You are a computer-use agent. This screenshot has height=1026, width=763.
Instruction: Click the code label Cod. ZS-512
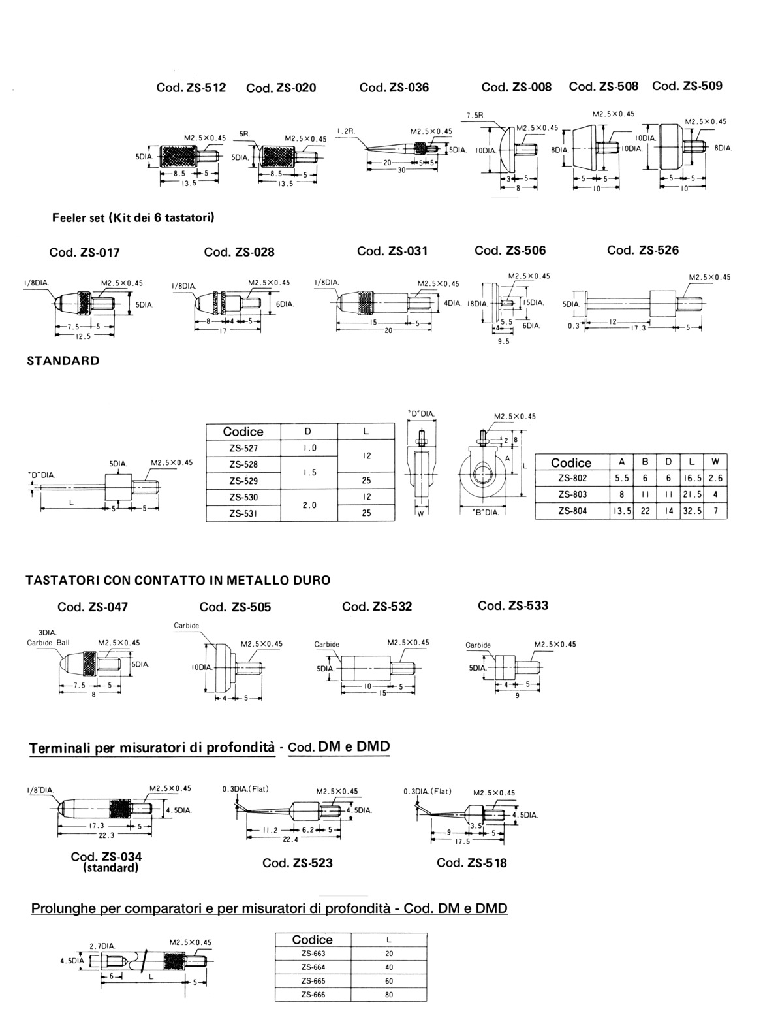point(191,87)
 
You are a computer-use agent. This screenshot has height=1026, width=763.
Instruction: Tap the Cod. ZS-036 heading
point(394,87)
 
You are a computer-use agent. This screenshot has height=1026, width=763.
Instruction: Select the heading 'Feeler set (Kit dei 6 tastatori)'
point(134,217)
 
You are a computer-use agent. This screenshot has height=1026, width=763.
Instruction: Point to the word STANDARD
point(63,361)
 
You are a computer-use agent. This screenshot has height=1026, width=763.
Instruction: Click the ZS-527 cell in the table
point(243,449)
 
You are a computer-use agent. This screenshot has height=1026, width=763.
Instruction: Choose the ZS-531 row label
point(243,513)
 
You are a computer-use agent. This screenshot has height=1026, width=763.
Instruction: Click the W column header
point(715,462)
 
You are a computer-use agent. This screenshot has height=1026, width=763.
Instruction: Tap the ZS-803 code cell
point(572,494)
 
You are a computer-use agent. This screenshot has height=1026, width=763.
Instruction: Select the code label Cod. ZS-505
point(235,607)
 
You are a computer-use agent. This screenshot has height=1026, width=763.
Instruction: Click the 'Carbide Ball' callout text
point(48,642)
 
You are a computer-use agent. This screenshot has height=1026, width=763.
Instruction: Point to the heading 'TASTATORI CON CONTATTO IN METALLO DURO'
point(178,579)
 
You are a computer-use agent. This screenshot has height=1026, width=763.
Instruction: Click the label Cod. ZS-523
point(298,863)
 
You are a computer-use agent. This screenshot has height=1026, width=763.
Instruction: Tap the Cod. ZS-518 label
point(472,863)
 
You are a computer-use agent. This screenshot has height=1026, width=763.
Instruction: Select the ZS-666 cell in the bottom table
point(313,995)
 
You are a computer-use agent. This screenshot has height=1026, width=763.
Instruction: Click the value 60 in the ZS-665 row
point(389,981)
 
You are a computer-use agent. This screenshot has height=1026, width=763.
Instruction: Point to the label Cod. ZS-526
point(643,250)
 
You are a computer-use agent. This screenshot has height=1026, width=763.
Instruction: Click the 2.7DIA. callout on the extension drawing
point(102,945)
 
